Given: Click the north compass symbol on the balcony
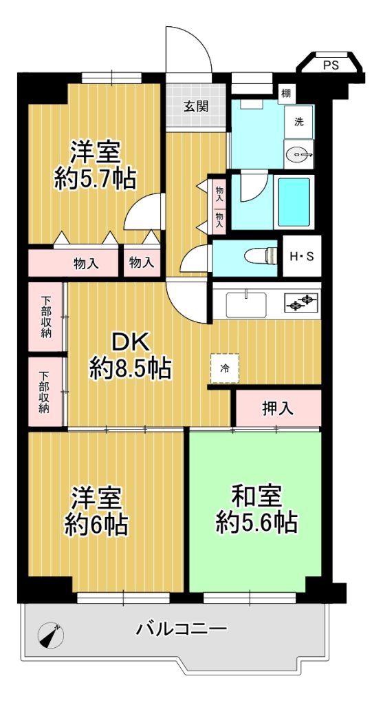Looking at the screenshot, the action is click(x=50, y=635).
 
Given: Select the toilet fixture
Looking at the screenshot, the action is click(x=261, y=256).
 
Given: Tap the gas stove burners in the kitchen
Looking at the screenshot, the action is click(x=301, y=302).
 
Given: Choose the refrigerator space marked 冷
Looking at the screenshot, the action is click(x=224, y=368).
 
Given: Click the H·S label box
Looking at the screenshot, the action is click(x=301, y=256).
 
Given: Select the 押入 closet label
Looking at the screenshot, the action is click(x=278, y=408).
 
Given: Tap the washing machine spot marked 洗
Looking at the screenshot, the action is click(x=298, y=122).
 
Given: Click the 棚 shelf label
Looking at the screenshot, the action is click(x=286, y=94).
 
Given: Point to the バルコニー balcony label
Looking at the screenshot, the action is click(x=182, y=628).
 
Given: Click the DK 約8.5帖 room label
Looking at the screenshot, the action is click(x=130, y=357).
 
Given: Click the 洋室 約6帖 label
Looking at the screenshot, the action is click(x=96, y=511).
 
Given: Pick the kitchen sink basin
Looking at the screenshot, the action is click(x=246, y=305).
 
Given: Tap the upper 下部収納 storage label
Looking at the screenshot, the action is click(x=46, y=317).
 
